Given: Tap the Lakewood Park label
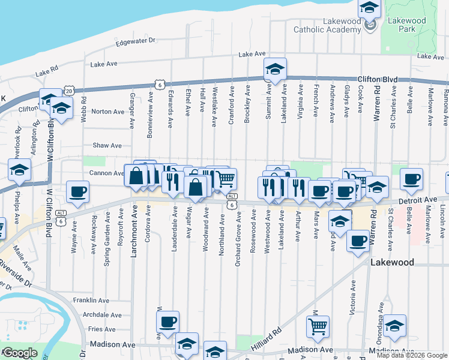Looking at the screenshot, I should pos(406,24).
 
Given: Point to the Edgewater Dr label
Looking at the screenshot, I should pos(135,41).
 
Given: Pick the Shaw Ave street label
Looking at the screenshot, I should pos(107,145).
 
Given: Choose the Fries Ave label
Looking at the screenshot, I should pos(101,329).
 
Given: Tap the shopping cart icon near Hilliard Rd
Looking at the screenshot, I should pos(318,326).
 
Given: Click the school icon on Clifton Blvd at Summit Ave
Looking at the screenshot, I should pos(275,69).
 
